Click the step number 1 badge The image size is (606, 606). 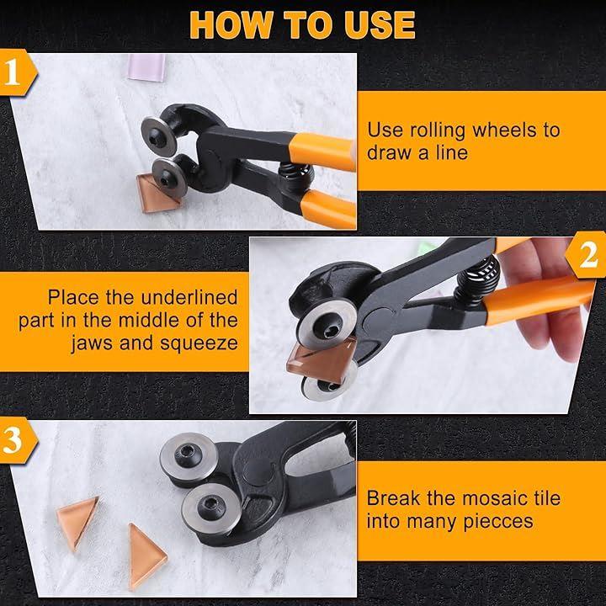(18, 72)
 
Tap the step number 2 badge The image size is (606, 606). (586, 255)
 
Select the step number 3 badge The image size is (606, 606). (18, 440)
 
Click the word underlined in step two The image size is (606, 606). (189, 297)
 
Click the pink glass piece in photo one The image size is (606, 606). (146, 66)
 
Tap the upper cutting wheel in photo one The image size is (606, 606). (159, 136)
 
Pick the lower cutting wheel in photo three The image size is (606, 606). (211, 507)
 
